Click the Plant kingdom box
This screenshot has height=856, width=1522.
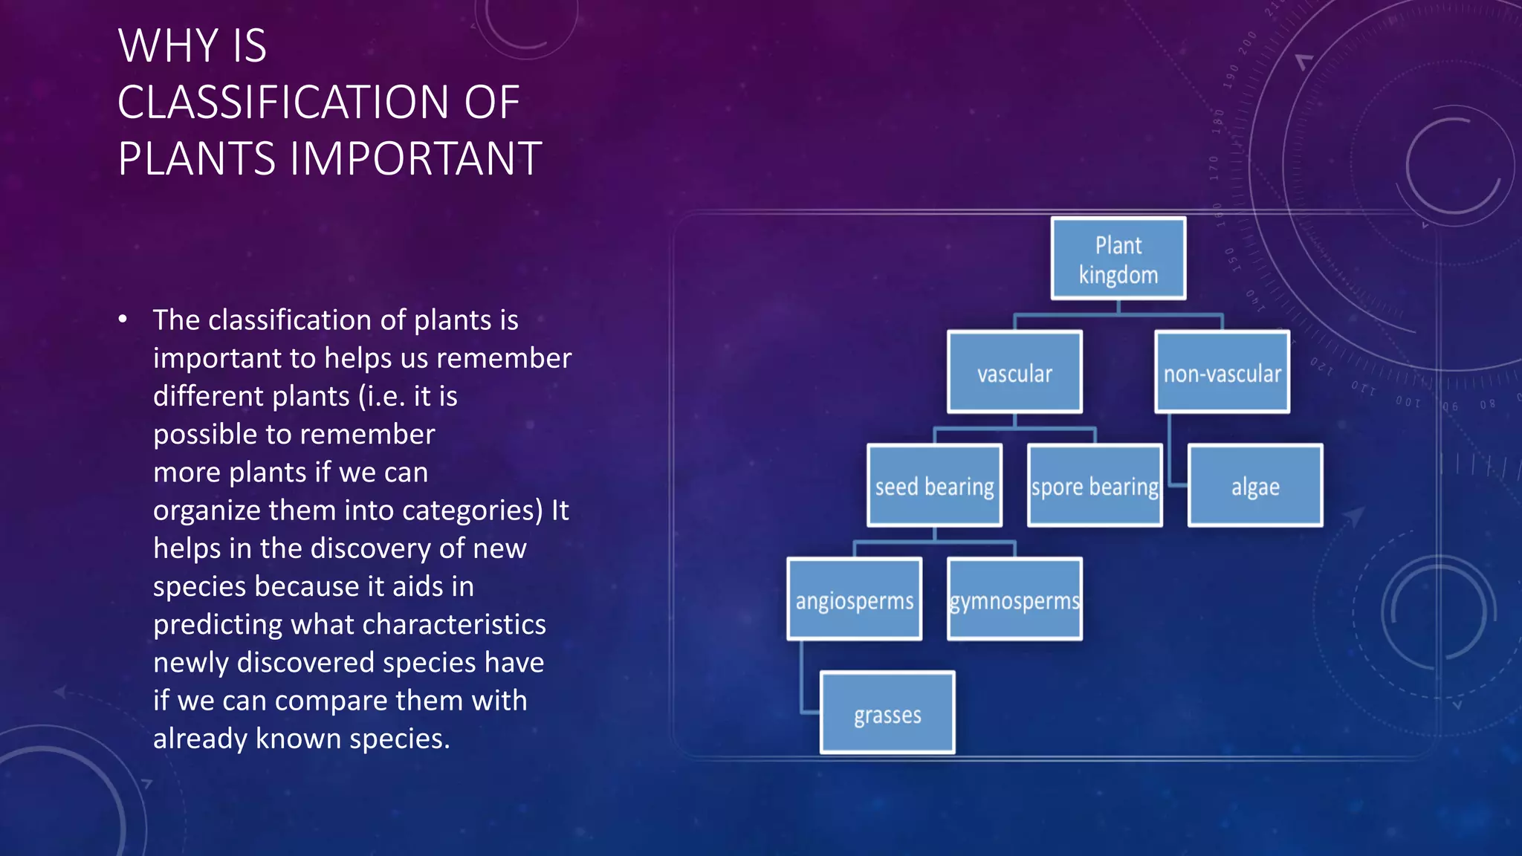(1118, 259)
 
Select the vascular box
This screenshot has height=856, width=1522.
(1014, 372)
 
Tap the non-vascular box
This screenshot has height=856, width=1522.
(1222, 372)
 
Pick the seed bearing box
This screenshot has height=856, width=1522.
(934, 486)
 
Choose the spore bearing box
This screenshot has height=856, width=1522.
(1094, 486)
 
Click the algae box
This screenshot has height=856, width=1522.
(1255, 486)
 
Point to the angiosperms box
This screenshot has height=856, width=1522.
(854, 599)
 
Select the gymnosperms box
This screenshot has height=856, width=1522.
(1014, 599)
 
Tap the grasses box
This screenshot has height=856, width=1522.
(887, 713)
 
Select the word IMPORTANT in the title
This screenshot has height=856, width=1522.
(415, 159)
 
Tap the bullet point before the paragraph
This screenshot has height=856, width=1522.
(123, 320)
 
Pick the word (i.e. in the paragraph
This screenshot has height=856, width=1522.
(381, 397)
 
